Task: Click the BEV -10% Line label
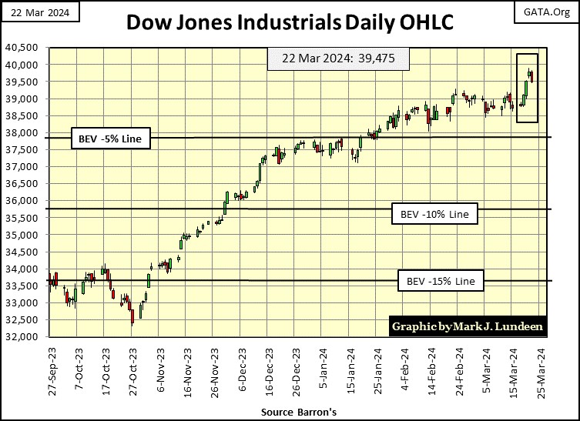434,213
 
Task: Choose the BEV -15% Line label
441,281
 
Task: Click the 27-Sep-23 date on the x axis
52,371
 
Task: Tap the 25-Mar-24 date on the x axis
542,371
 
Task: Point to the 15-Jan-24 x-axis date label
351,371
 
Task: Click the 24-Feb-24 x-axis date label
460,371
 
